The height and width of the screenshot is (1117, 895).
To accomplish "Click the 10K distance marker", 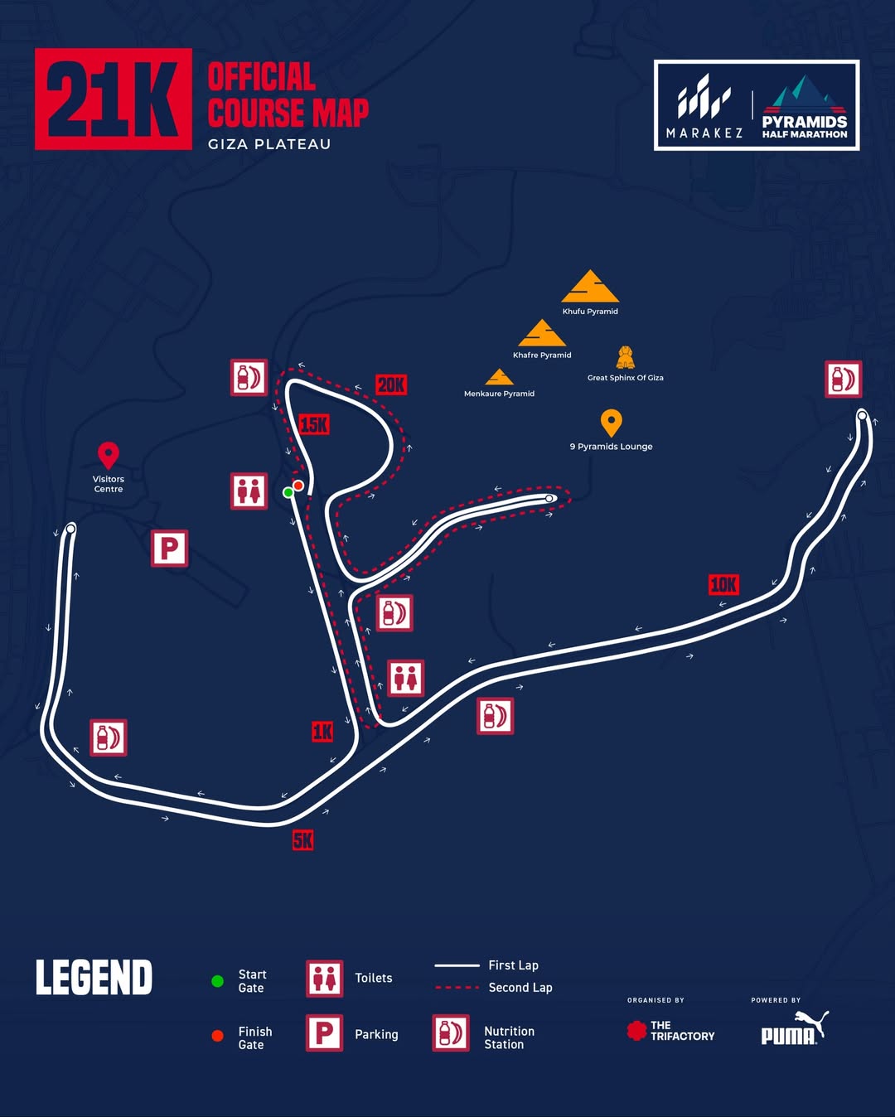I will (x=723, y=585).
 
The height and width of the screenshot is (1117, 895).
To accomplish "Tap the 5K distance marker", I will (x=303, y=840).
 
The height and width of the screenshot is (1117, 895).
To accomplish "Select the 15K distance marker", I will (x=314, y=425).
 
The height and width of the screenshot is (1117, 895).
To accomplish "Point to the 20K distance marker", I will (x=391, y=384).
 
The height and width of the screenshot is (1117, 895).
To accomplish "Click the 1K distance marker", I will (x=322, y=731).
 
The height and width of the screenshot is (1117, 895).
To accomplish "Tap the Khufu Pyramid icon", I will (x=590, y=287).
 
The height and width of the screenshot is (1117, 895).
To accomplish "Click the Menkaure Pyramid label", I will (x=499, y=394).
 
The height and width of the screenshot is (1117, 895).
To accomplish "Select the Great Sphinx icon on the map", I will (x=626, y=358).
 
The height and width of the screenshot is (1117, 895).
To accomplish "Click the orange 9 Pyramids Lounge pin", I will (x=611, y=423).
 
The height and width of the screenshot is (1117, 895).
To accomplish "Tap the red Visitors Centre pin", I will (x=109, y=455).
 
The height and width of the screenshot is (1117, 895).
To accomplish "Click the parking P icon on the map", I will (x=169, y=549).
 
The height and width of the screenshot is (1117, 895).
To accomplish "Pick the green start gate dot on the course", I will (x=288, y=492).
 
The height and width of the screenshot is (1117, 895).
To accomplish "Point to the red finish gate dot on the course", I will (x=298, y=485).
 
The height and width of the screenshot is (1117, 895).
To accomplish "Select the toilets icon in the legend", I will (x=325, y=979).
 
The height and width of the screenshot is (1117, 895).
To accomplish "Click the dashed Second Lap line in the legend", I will (x=457, y=988).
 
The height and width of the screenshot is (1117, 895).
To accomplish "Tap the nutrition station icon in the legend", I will (x=451, y=1033).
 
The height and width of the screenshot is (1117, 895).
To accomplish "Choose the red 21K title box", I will (x=114, y=99).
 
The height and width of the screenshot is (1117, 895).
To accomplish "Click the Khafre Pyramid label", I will (x=542, y=355).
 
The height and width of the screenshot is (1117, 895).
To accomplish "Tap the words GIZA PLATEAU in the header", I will (x=269, y=144).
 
